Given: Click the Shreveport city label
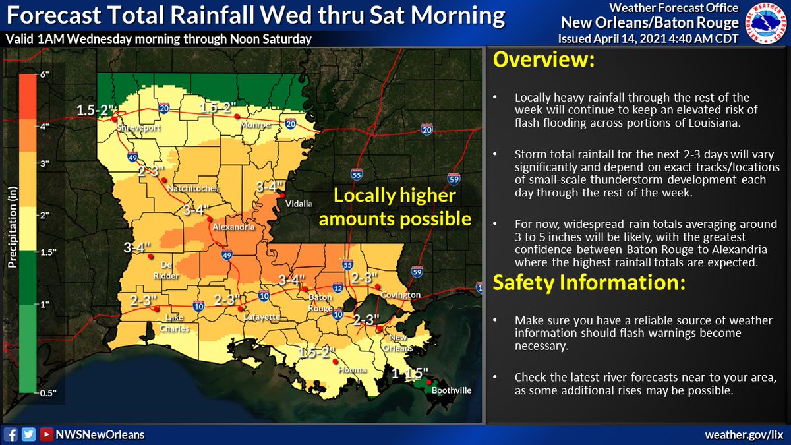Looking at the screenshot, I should [138, 129].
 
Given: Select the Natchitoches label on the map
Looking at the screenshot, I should [192, 189].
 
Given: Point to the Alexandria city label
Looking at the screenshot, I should [233, 227].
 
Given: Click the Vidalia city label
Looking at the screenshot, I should [298, 204].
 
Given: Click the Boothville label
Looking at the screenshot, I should [452, 390].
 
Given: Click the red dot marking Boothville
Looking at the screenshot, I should [429, 382].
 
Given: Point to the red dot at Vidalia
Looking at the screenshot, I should [281, 196].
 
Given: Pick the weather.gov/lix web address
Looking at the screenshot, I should [744, 434].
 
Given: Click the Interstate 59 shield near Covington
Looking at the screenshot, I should [416, 271].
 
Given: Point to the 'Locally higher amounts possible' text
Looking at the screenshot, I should [395, 206].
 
